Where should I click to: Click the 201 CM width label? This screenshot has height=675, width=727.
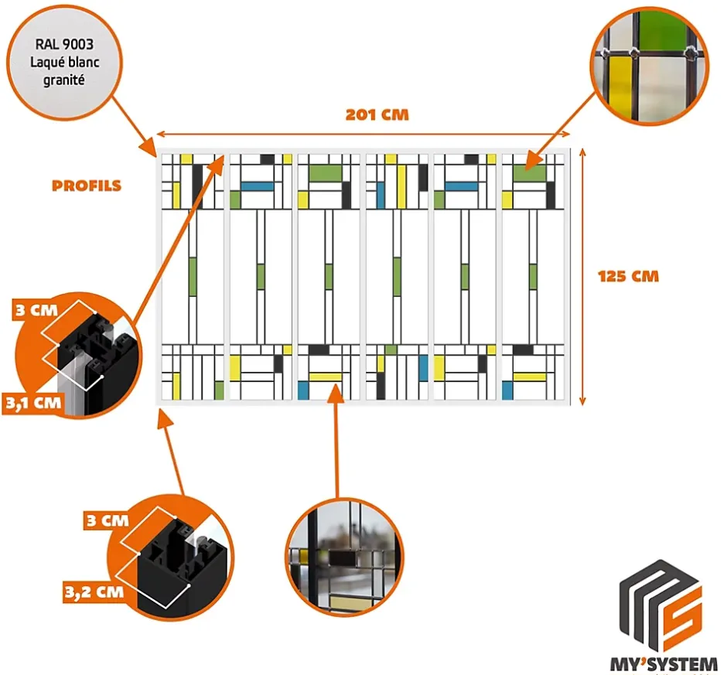pyautogui.click(x=377, y=115)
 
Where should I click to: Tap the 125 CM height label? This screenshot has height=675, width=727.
pyautogui.click(x=628, y=276)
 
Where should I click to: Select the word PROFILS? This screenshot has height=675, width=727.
pyautogui.click(x=87, y=186)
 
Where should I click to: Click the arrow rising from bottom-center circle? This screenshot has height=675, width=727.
pyautogui.click(x=336, y=441)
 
